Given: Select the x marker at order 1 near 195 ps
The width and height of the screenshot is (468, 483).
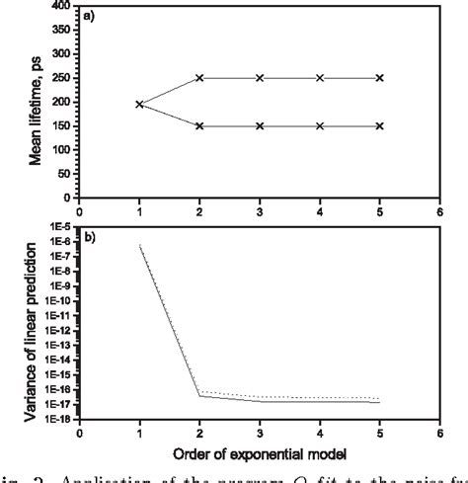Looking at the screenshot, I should (x=139, y=104).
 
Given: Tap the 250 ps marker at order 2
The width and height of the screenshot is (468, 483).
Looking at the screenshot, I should (x=199, y=78).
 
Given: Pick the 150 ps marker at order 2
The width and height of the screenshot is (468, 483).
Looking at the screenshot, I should (x=199, y=126).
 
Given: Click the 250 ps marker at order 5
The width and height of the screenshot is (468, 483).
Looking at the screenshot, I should (x=380, y=78).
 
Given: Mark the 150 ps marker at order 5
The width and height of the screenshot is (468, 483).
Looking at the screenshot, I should (x=380, y=126).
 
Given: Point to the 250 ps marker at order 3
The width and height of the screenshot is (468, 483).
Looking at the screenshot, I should (x=260, y=78).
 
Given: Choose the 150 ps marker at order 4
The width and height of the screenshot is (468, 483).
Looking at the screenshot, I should (x=320, y=126).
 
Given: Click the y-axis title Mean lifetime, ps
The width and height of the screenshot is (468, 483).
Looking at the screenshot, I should (x=36, y=104).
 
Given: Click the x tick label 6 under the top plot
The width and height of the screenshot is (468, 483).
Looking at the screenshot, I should (x=439, y=210).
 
